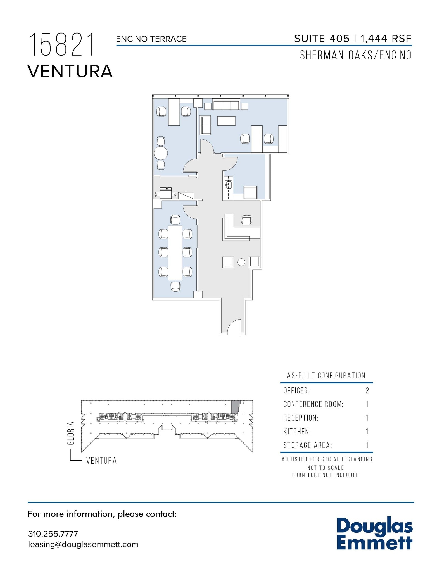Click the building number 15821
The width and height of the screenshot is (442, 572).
tap(62, 45)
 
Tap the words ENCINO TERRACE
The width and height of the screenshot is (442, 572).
tap(151, 39)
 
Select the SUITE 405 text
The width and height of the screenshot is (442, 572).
tap(322, 39)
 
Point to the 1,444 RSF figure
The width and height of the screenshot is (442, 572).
tap(386, 39)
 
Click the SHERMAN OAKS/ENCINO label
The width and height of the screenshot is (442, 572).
tap(355, 56)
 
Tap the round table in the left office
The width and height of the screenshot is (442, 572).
tap(161, 153)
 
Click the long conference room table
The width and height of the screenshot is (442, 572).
tap(175, 252)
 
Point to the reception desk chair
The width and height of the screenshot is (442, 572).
tap(246, 220)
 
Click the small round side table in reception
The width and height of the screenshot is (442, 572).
tap(241, 262)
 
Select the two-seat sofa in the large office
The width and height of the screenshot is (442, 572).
tap(205, 125)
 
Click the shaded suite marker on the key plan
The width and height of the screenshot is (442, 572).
tap(236, 406)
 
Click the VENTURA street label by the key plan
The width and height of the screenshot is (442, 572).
tap(101, 461)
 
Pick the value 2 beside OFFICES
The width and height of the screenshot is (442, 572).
tap(367, 390)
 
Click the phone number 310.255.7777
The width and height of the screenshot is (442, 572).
tap(53, 534)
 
